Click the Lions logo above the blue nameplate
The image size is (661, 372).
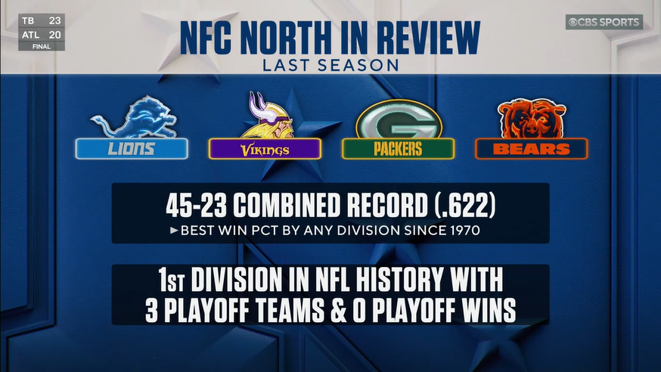point(134,117)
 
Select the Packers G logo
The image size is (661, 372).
point(399,119)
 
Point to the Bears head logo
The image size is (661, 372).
point(531,119)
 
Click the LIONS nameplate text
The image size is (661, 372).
point(131,149)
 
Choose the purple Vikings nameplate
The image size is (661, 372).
point(265,149)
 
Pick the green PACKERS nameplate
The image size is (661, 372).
point(398,149)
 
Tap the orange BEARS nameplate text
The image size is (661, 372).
point(531,149)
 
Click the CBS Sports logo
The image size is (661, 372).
point(604,22)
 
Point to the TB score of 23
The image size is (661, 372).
point(54,20)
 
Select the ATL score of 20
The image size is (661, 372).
point(54,35)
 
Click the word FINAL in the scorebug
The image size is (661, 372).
point(42,47)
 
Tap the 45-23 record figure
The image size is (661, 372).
point(196,206)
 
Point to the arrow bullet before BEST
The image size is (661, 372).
point(174,231)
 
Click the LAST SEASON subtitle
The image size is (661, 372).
point(330,65)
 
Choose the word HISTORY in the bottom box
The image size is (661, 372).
point(399,279)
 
